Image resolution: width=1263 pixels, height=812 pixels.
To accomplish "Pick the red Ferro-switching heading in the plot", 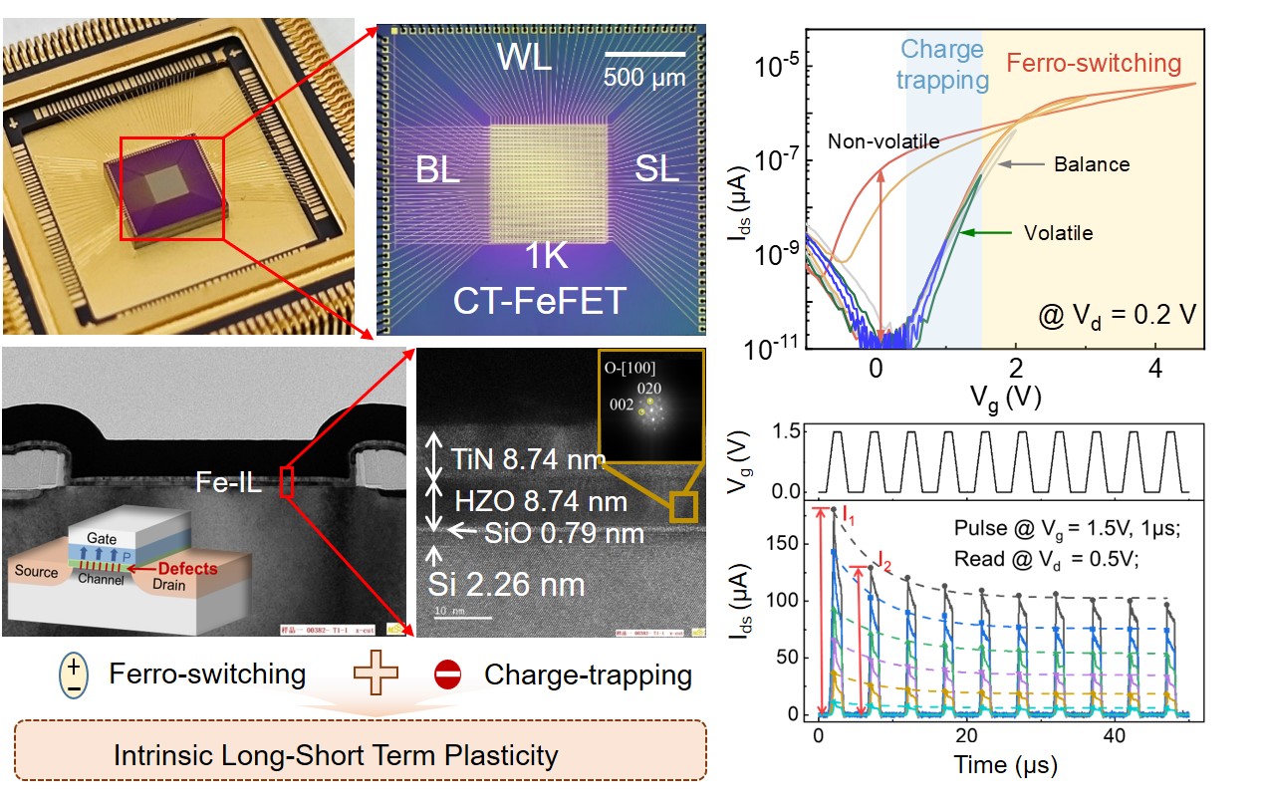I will click(1094, 63).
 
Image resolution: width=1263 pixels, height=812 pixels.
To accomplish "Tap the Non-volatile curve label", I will click(884, 141).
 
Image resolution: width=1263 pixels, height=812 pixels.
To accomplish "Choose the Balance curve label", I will click(1092, 164).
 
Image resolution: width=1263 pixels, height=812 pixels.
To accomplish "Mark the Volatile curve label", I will click(1059, 233).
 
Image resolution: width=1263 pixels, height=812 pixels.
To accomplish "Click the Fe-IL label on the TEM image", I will click(239, 486).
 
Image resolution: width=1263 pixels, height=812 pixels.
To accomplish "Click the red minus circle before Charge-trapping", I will click(448, 675).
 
